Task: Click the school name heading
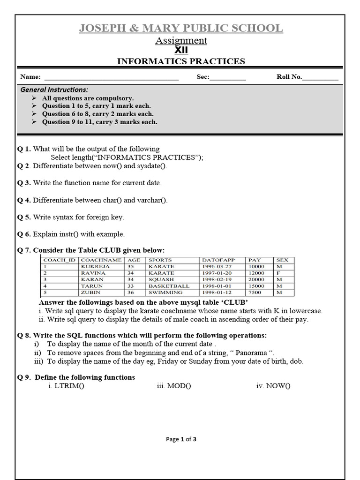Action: (x=181, y=28)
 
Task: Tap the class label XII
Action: (x=181, y=50)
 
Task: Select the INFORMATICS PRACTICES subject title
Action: (x=181, y=61)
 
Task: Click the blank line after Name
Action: (x=111, y=77)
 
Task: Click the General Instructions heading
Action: (x=54, y=90)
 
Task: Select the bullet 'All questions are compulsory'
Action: (x=88, y=98)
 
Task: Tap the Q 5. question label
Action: (x=24, y=217)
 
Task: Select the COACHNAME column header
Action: (x=101, y=260)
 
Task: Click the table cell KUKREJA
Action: (x=96, y=266)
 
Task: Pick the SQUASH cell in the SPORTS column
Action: (x=161, y=279)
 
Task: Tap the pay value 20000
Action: (x=256, y=279)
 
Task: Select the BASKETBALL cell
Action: (x=169, y=286)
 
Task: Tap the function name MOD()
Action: (x=174, y=386)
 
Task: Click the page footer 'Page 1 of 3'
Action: (x=181, y=439)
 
